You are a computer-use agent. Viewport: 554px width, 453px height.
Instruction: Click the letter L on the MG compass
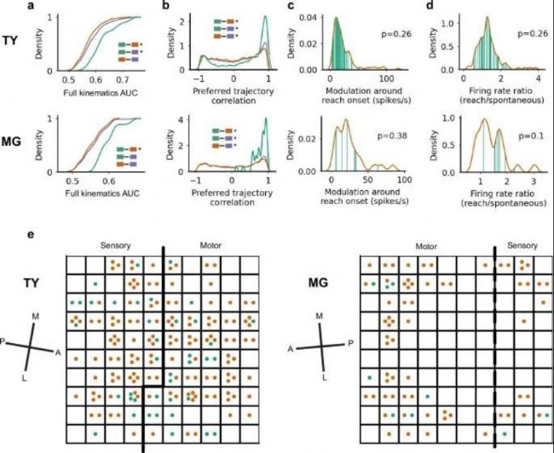326,375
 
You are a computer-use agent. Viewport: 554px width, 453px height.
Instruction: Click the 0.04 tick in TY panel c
315,17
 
